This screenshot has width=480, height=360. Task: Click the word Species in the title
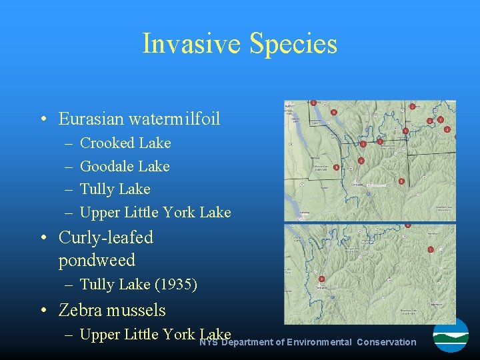pyautogui.click(x=293, y=44)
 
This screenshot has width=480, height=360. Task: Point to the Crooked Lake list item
pyautogui.click(x=125, y=143)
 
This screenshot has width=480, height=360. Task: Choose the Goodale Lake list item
pyautogui.click(x=125, y=166)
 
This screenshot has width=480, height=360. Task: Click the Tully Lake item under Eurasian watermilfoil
pyautogui.click(x=115, y=189)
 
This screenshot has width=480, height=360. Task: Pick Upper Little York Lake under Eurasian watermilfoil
pyautogui.click(x=155, y=213)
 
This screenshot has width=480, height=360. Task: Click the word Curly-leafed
pyautogui.click(x=106, y=237)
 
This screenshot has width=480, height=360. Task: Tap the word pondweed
pyautogui.click(x=97, y=260)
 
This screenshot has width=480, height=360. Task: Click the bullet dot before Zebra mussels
pyautogui.click(x=42, y=311)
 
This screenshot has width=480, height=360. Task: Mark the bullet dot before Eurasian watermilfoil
pyautogui.click(x=42, y=119)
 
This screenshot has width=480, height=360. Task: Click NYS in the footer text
pyautogui.click(x=208, y=342)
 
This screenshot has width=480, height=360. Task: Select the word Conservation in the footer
pyautogui.click(x=386, y=342)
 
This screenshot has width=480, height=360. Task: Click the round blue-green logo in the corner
pyautogui.click(x=451, y=335)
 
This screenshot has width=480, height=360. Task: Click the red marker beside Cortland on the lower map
pyautogui.click(x=321, y=279)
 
